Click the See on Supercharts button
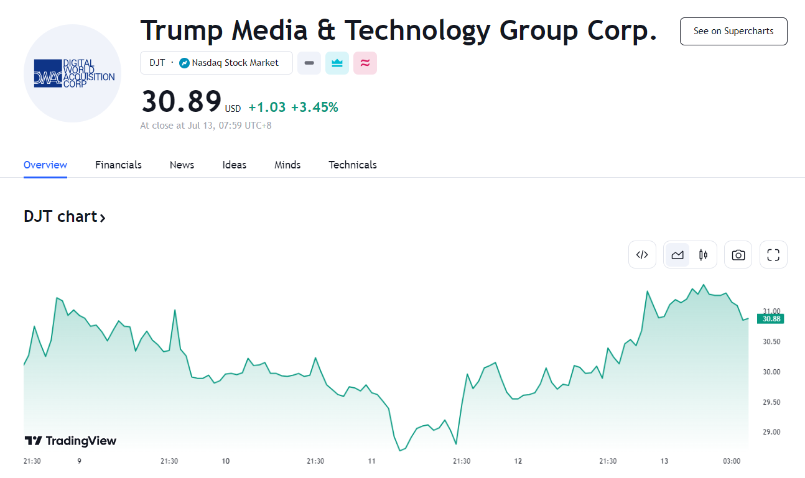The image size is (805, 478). [x=733, y=31]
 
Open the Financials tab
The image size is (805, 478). [x=118, y=165]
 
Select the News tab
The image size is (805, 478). [x=182, y=165]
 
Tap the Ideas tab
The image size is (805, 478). [x=235, y=165]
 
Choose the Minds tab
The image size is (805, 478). [x=287, y=165]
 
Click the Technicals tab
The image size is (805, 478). [x=353, y=165]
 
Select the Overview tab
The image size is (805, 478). [x=45, y=165]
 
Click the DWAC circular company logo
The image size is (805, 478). [x=72, y=73]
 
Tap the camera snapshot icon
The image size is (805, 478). [x=738, y=255]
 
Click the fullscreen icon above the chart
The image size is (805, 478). [x=773, y=255]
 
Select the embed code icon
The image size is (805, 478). [x=642, y=255]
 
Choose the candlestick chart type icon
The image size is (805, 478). [x=704, y=255]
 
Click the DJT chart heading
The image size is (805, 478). [x=65, y=217]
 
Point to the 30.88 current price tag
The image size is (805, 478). [x=770, y=319]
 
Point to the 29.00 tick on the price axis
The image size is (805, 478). [x=771, y=432]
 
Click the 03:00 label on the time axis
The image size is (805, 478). [x=732, y=461]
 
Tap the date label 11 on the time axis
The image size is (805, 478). [x=372, y=461]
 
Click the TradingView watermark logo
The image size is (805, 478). [x=70, y=441]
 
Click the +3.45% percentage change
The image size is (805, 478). [x=315, y=108]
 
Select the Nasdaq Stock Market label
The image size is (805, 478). [x=235, y=63]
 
